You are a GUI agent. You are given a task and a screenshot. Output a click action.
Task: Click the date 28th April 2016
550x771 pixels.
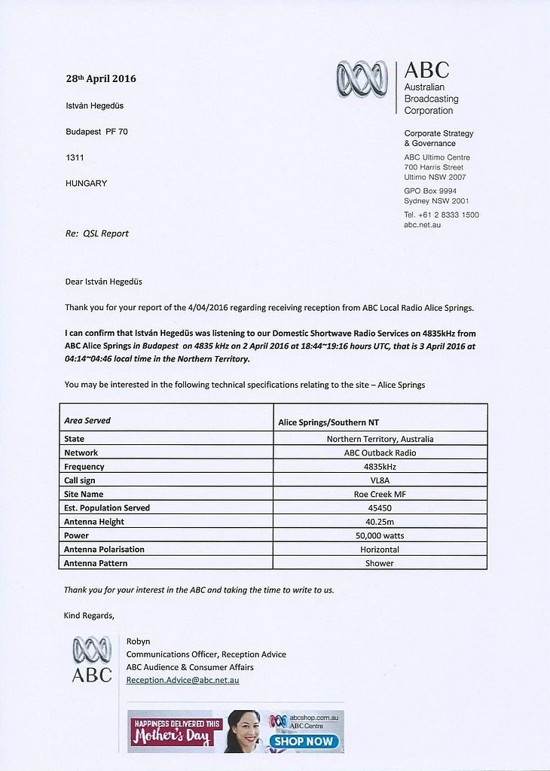[101, 78]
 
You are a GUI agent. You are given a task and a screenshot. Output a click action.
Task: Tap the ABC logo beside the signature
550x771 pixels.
[92, 659]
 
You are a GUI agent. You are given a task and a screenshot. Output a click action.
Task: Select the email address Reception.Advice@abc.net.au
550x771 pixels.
[182, 680]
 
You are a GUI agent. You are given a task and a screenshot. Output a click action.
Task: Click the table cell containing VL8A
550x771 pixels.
[380, 480]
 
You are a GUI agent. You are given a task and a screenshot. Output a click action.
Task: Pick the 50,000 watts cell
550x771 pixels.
[380, 535]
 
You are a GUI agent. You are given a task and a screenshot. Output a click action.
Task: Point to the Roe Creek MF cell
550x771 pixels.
[380, 494]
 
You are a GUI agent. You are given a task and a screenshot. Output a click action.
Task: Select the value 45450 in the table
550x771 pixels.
[380, 507]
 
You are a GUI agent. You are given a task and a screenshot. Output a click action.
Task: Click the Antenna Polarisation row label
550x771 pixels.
[104, 550]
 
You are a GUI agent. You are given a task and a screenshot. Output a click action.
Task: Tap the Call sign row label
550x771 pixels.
[80, 480]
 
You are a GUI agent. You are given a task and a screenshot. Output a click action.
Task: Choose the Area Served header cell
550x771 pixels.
[87, 421]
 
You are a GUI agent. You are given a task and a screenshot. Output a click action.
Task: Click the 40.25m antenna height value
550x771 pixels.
[380, 522]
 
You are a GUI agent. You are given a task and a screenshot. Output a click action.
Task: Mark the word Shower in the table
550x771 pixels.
[380, 563]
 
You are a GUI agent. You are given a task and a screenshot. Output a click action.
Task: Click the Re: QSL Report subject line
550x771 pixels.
[96, 233]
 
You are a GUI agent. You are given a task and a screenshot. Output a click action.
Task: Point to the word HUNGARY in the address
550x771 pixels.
[86, 183]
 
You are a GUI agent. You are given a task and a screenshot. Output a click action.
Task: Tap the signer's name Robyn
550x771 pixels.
[138, 641]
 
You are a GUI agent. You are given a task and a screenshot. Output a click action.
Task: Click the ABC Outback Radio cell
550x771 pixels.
[380, 453]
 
